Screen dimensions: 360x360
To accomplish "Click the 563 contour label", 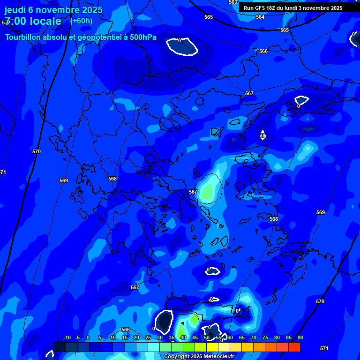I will point(233,2).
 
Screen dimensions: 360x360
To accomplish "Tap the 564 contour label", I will point(260,17).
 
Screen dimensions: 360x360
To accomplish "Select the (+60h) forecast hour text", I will point(81,21).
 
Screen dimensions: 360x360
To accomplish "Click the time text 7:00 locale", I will point(33,21).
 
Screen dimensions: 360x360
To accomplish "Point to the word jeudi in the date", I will point(15,10).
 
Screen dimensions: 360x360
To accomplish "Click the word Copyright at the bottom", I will point(177,357).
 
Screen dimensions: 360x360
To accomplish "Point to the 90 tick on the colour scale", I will point(300,338).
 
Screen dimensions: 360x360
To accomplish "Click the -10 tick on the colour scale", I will point(67,338).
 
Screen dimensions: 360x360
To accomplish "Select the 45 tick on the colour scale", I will point(195,338).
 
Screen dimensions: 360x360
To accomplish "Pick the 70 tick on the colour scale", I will point(254,338).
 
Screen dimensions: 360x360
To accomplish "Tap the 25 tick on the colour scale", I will point(148,338).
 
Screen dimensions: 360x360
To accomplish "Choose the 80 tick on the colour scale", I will point(277,338).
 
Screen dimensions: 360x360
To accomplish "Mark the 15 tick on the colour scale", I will point(125,338).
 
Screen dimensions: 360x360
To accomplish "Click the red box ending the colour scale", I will point(294,347).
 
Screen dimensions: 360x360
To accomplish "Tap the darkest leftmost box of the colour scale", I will point(60,347).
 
